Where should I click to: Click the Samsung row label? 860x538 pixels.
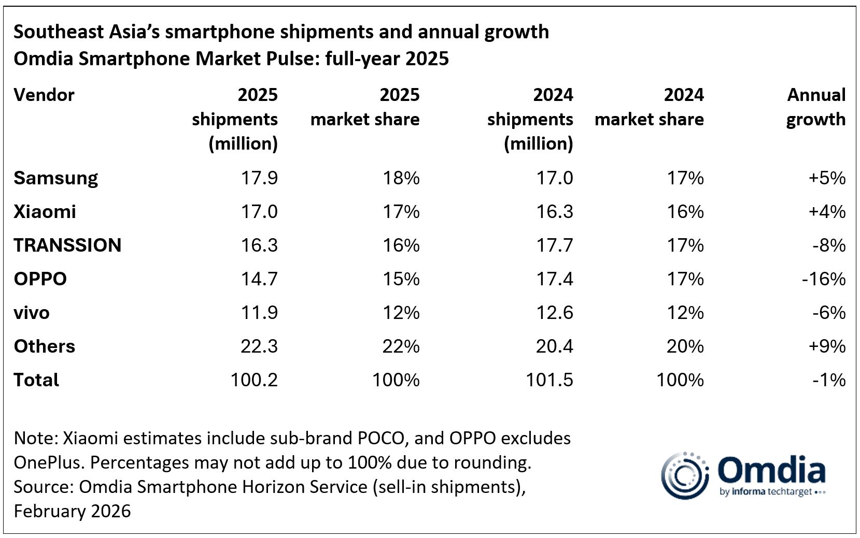(x=55, y=178)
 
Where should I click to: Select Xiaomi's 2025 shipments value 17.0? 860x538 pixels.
(x=259, y=212)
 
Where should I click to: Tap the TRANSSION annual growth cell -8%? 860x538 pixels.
(x=829, y=245)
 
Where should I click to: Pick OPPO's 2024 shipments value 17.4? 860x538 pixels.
(x=554, y=279)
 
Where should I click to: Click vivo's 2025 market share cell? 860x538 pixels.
(x=401, y=313)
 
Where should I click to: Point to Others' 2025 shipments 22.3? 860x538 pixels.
(x=259, y=346)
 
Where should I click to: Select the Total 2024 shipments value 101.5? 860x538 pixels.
(x=549, y=380)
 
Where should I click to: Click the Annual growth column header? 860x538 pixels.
(x=816, y=107)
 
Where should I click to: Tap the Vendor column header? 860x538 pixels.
(x=44, y=95)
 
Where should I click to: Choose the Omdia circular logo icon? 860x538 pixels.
(x=685, y=475)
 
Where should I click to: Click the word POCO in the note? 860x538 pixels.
(x=380, y=439)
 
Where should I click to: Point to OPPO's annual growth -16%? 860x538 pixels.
(x=824, y=279)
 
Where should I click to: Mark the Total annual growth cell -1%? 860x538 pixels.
(x=829, y=380)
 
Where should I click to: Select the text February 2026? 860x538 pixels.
(x=72, y=512)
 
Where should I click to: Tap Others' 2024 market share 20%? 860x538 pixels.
(x=685, y=346)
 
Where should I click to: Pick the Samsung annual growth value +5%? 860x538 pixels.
(x=827, y=178)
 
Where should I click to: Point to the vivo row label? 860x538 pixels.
(x=32, y=313)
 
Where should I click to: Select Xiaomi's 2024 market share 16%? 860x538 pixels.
(x=685, y=212)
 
